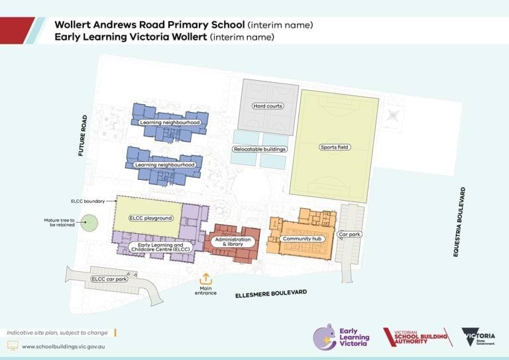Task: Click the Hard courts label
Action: [x=264, y=106]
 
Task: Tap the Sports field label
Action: [x=335, y=147]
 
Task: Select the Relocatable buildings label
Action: [x=259, y=149]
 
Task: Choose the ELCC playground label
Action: [x=150, y=218]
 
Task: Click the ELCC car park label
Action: [x=109, y=280]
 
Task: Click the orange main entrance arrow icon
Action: [x=205, y=279]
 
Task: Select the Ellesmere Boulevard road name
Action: [x=271, y=292]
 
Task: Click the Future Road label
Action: [x=84, y=136]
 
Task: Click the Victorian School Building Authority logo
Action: [x=417, y=337]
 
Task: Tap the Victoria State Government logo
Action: [x=479, y=337]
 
